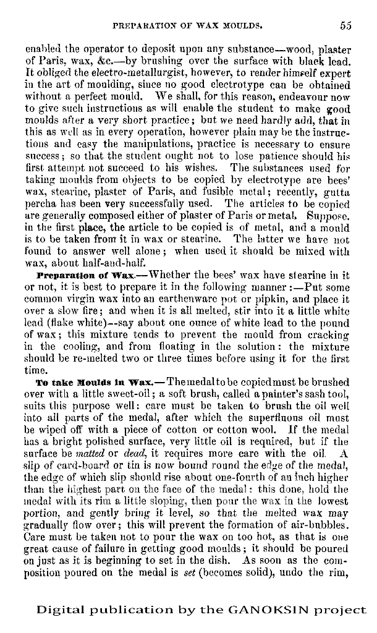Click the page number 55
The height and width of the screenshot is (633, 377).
tap(345, 26)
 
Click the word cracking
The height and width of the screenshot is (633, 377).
tap(329, 335)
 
